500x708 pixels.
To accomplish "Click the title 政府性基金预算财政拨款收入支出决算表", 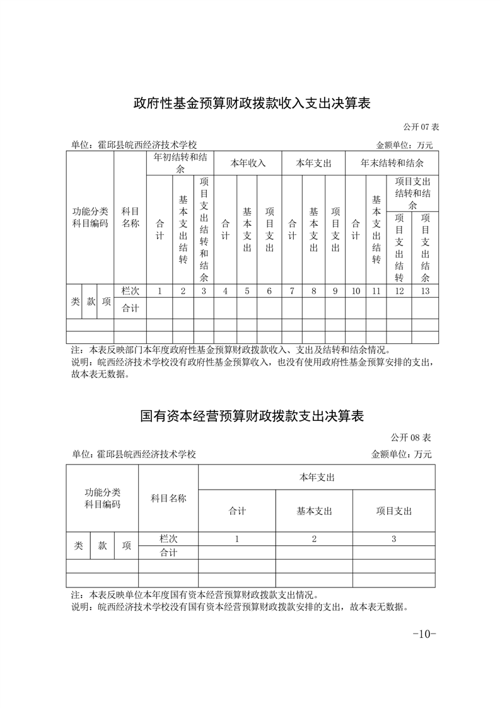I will coord(251,103).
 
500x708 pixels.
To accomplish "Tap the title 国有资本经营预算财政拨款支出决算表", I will coord(251,416).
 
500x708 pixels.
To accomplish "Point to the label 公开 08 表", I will coord(410,437).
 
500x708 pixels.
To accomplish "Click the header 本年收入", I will coord(247,163).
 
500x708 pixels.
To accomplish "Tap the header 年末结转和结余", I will coord(392,163).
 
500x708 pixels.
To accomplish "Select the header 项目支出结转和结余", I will coord(412,194).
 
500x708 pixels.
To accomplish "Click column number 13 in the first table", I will coord(425,291).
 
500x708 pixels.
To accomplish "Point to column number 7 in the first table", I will coord(292,291).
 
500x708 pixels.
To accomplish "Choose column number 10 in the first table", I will coord(356,291).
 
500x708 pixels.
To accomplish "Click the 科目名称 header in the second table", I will coord(168,499).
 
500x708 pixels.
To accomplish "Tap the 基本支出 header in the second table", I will coord(314,511).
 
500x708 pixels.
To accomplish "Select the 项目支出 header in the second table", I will coord(393,511).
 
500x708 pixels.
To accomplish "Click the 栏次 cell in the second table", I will coord(168,539).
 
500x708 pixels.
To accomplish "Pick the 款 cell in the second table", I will coord(102,546).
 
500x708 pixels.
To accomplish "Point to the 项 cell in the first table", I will coord(107,302).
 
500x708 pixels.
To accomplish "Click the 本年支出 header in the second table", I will coord(317,477).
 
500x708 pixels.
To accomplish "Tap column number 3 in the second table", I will coord(393,539).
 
